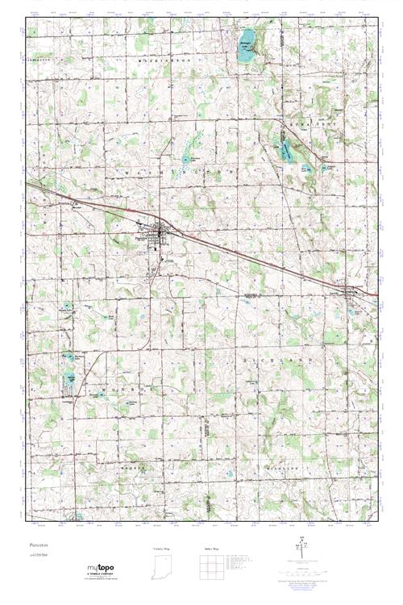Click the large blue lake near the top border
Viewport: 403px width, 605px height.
tap(247, 38)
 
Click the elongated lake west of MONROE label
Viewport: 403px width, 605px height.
tap(71, 379)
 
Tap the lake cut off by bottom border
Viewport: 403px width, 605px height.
tap(78, 516)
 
